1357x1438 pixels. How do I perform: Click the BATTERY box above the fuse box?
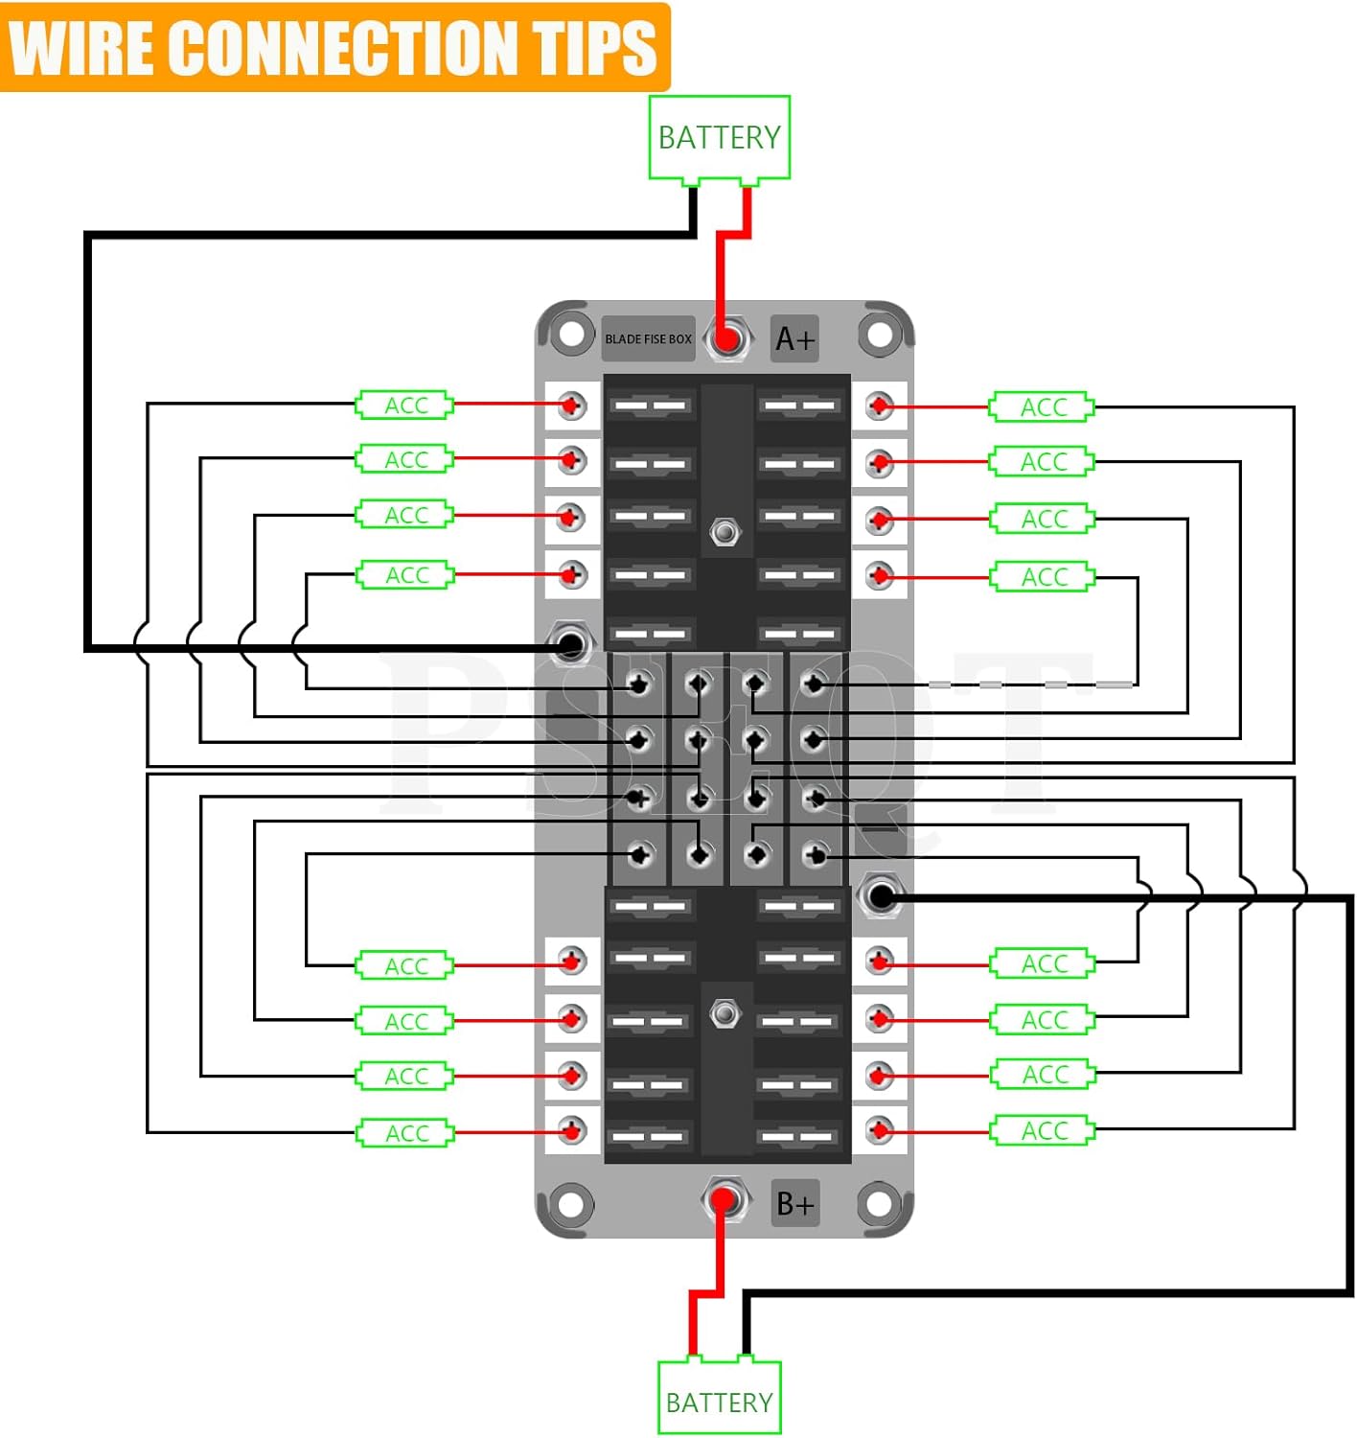coord(719,138)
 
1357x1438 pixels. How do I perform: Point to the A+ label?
coord(794,338)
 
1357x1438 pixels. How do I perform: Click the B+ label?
coord(794,1203)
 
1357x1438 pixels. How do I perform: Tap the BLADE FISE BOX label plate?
coord(648,338)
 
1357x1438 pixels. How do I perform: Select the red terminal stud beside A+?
coord(726,338)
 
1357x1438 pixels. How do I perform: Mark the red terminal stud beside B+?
coord(724,1200)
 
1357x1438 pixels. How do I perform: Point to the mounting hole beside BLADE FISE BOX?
coord(571,334)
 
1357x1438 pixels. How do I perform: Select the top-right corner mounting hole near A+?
coord(880,334)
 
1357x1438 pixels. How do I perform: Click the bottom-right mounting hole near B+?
coord(879,1203)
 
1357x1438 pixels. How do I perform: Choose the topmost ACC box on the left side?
coord(404,405)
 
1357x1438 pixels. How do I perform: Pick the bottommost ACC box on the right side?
coord(1043,1130)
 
